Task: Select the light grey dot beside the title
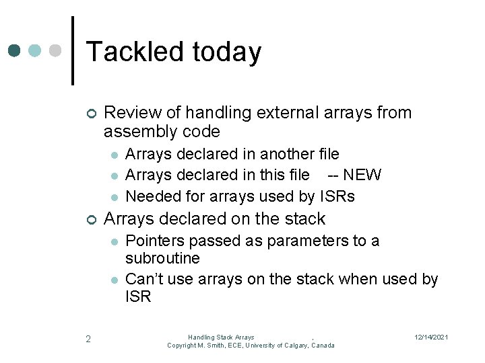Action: (56, 51)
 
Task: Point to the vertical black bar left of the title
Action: (73, 50)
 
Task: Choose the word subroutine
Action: (162, 258)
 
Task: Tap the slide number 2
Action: (88, 338)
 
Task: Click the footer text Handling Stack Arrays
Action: (221, 337)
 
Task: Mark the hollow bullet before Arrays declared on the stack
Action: (91, 219)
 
